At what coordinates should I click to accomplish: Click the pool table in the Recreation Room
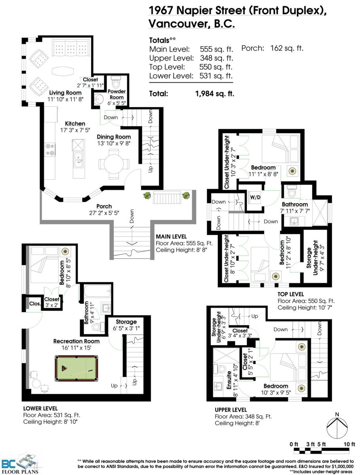76,368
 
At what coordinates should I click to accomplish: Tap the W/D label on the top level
255,197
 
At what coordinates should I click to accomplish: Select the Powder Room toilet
116,82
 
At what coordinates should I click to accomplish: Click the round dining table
114,164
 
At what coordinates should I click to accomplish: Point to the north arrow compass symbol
337,427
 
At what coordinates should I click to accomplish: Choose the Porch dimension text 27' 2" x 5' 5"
104,213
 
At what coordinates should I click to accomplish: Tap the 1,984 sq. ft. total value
215,93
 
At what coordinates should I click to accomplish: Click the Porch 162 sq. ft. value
287,48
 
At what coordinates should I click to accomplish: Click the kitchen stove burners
50,150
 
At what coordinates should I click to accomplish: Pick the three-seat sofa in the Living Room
70,48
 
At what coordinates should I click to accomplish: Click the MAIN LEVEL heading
171,237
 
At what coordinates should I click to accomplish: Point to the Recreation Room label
76,341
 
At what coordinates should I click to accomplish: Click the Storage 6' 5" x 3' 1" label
126,325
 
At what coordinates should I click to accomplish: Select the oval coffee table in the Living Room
63,71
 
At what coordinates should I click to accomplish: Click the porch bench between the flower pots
167,197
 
